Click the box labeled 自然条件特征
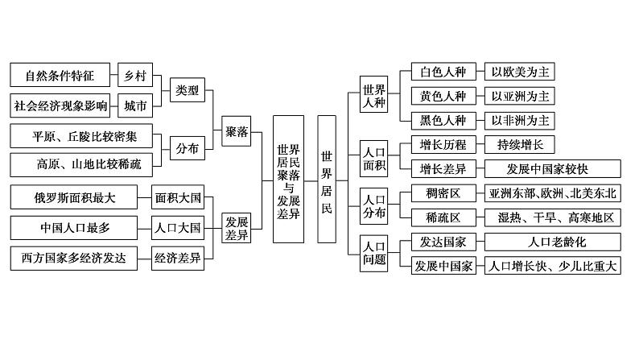[x=60, y=76]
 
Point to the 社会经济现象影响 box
[x=60, y=106]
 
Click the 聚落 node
[x=237, y=131]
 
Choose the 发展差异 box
[x=237, y=229]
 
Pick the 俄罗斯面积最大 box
[x=78, y=196]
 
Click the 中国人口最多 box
[x=78, y=227]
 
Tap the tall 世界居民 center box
[x=326, y=179]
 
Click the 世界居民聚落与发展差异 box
[x=288, y=179]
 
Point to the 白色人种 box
[x=443, y=72]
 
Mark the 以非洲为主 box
[x=522, y=120]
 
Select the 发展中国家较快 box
[x=552, y=169]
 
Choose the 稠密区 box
[x=443, y=193]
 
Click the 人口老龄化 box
[x=552, y=242]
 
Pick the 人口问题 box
[x=375, y=253]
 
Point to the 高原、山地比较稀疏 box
[x=89, y=165]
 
